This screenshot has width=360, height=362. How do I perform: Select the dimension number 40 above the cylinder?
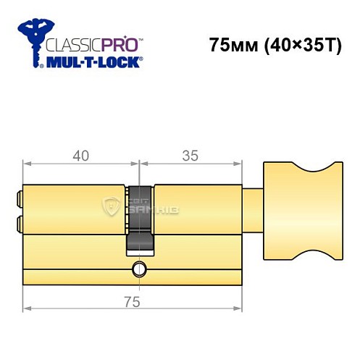coord(80,154)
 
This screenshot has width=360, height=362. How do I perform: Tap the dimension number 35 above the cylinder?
coord(190,154)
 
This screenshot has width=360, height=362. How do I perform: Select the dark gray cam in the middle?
coord(140,217)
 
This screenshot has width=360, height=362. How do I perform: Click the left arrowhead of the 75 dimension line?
coord(26,311)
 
